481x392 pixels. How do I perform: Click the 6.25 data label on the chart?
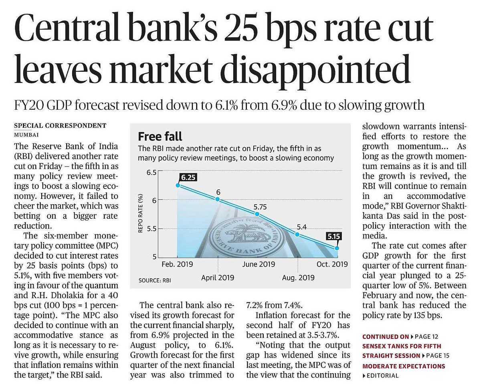(x=188, y=177)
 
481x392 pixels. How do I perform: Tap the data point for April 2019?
(x=218, y=199)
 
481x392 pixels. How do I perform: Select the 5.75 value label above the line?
(x=260, y=207)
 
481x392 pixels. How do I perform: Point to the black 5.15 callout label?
(x=333, y=236)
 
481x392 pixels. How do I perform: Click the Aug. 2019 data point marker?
(x=297, y=234)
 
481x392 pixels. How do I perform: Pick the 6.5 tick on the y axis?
(x=152, y=173)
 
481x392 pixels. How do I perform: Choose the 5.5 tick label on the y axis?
(x=152, y=229)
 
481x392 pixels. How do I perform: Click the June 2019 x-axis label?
(x=259, y=264)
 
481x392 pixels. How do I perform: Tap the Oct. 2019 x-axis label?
(x=332, y=264)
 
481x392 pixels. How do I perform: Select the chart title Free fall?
(x=160, y=137)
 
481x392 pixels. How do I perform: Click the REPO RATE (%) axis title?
(x=140, y=213)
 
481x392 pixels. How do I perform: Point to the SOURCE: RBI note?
(x=155, y=280)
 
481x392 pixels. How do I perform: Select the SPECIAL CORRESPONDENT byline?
(x=60, y=125)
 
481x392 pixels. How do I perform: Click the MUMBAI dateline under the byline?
(x=26, y=135)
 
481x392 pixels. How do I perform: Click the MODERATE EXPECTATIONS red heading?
(x=404, y=366)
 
